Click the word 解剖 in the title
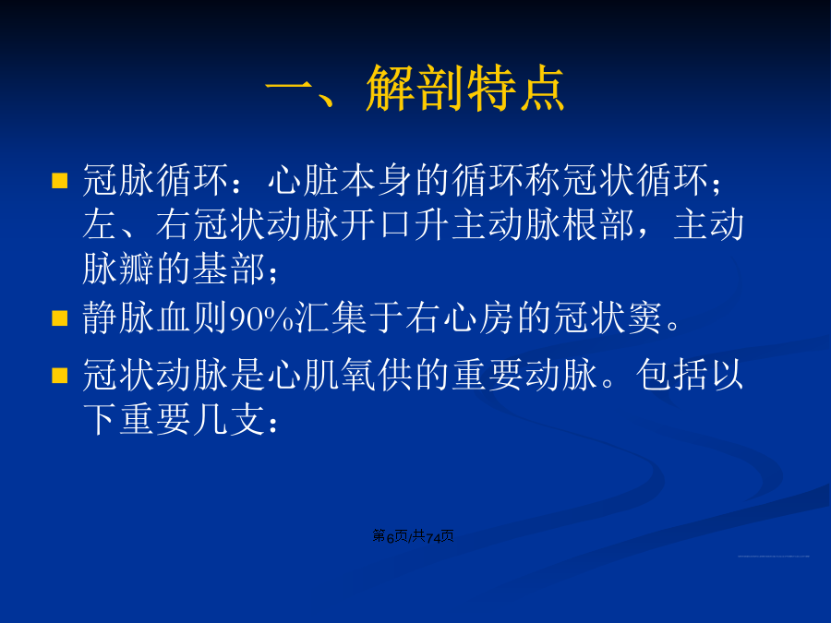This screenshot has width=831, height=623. pyautogui.click(x=415, y=88)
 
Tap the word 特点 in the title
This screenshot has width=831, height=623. pyautogui.click(x=515, y=88)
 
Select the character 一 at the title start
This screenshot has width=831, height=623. pyautogui.click(x=288, y=88)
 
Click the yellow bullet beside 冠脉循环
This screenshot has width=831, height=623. pyautogui.click(x=60, y=181)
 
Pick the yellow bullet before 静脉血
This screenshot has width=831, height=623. pyautogui.click(x=60, y=317)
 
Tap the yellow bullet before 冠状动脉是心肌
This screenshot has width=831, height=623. pyautogui.click(x=60, y=375)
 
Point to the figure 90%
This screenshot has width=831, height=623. pyautogui.click(x=262, y=319)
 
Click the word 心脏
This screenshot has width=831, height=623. pyautogui.click(x=303, y=180)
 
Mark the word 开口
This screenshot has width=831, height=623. pyautogui.click(x=377, y=224)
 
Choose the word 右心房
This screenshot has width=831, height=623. pyautogui.click(x=460, y=317)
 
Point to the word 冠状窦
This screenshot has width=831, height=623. pyautogui.click(x=608, y=317)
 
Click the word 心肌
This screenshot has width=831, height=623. pyautogui.click(x=303, y=375)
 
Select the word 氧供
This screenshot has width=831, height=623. pyautogui.click(x=377, y=375)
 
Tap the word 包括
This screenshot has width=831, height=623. pyautogui.click(x=671, y=375)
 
